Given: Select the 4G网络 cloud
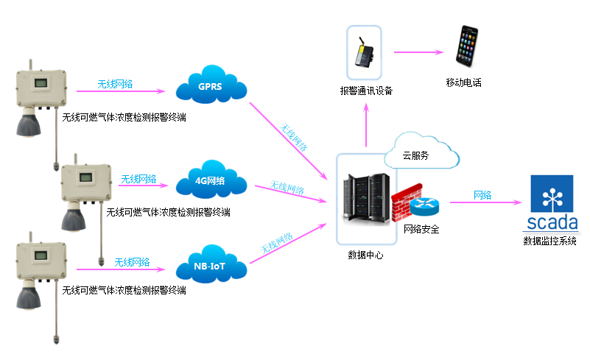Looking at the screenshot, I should [x=211, y=181].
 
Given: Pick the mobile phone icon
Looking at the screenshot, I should [x=468, y=49].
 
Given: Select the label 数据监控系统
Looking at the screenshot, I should [x=549, y=241].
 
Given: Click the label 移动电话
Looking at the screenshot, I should [x=463, y=82].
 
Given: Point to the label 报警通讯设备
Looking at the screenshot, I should [x=366, y=91].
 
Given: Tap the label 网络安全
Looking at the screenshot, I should [x=421, y=229].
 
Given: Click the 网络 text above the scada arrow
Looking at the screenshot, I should [x=482, y=195].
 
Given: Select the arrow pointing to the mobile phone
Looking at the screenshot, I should [x=418, y=52].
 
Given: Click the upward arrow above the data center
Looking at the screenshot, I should [x=366, y=125].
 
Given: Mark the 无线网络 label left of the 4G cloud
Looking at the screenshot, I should [x=138, y=179].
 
